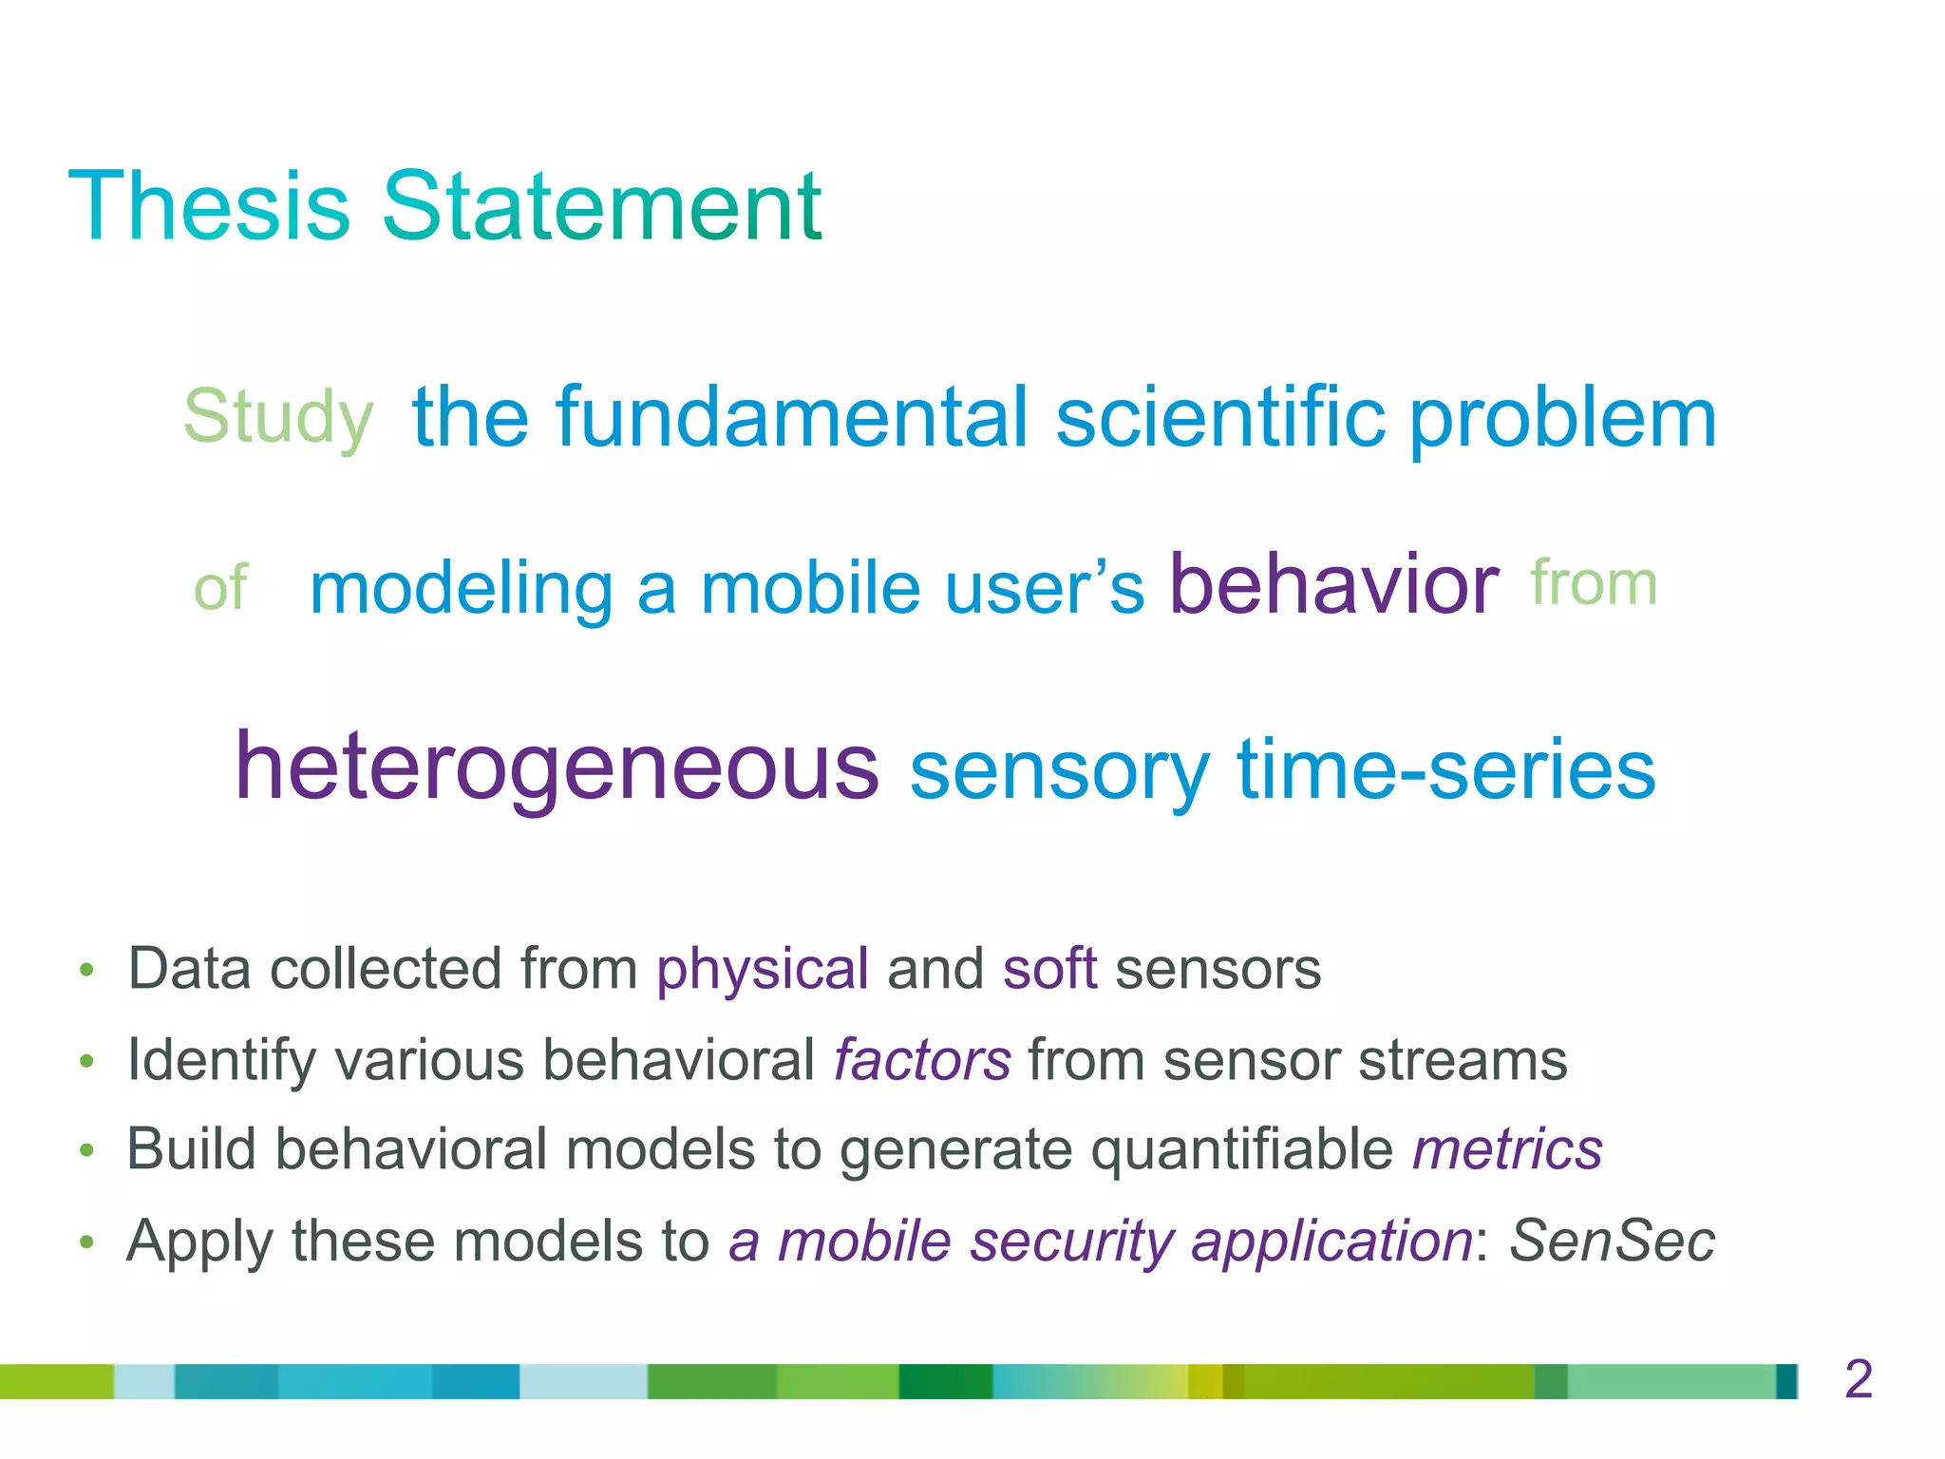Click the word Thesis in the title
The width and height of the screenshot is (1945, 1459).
point(209,206)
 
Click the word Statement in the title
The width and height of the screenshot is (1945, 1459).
point(601,206)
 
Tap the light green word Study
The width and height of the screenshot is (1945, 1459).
point(278,418)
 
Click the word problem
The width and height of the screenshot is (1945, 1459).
point(1562,420)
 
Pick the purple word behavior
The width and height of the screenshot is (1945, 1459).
point(1333,584)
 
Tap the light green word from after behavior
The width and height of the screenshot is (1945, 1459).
point(1594,583)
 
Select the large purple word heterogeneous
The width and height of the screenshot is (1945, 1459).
point(557,767)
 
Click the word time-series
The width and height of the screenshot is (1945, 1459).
point(1445,769)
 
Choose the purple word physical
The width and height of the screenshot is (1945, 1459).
point(763,969)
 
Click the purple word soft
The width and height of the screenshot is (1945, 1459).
point(1049,969)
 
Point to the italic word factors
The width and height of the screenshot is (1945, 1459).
point(921,1060)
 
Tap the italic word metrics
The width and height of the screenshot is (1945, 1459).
point(1507,1149)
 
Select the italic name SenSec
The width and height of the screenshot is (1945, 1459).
point(1612,1241)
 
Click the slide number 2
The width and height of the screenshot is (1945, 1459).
point(1858,1379)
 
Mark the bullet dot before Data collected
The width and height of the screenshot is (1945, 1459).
point(87,971)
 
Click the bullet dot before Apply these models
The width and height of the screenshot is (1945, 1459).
point(87,1242)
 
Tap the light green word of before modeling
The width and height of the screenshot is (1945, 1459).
point(220,588)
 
